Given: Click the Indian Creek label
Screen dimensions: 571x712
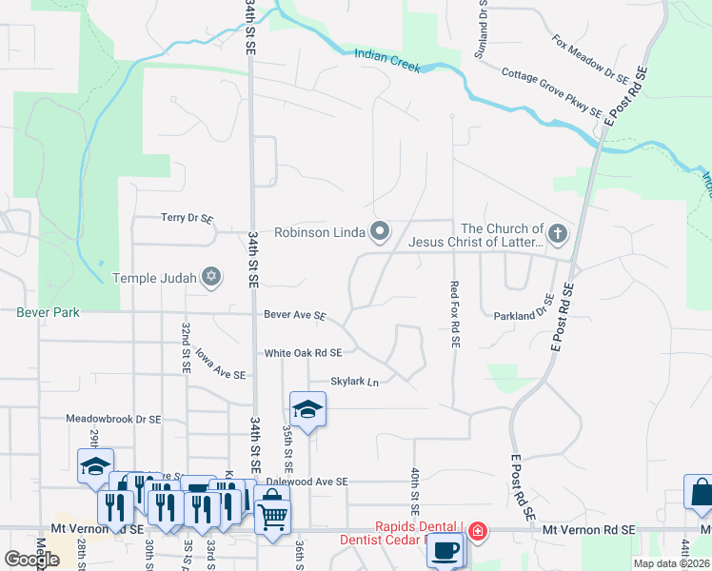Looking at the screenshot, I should [386, 58].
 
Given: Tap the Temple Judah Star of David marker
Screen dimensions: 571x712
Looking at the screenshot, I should [211, 277].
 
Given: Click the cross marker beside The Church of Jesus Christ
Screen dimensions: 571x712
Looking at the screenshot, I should [558, 232].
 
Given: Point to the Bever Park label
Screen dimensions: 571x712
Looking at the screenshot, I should [48, 312].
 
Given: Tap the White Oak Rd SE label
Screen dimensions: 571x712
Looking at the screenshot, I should [303, 352].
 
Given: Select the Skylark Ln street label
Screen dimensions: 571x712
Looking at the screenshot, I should [354, 382].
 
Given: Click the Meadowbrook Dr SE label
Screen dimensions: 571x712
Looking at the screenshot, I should [113, 418].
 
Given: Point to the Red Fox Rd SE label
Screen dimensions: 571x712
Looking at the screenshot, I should [454, 305].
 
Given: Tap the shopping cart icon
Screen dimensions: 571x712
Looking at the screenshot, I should [272, 516].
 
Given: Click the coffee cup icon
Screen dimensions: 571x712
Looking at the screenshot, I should [446, 549].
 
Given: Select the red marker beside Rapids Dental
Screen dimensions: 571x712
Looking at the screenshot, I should [478, 530].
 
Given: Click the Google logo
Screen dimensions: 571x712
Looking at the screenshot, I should [30, 560].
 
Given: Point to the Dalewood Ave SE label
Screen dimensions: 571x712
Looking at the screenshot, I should [307, 482].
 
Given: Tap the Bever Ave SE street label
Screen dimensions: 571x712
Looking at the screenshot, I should [295, 315].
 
